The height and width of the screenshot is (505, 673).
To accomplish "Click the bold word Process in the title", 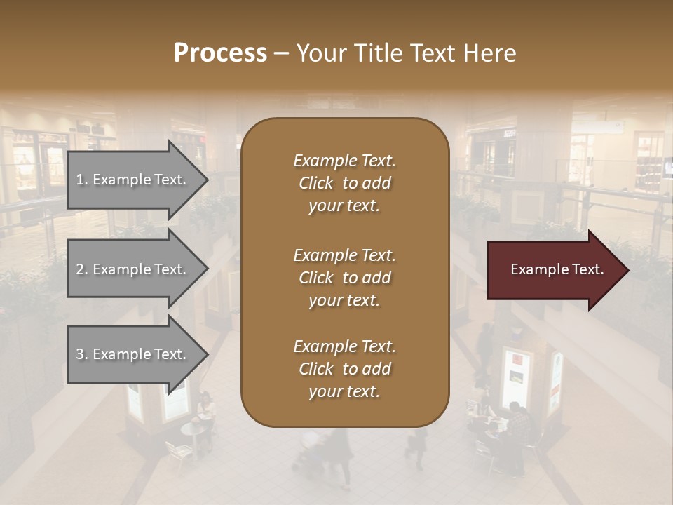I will click(x=220, y=53).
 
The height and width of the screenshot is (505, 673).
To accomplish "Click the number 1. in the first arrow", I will click(x=82, y=180).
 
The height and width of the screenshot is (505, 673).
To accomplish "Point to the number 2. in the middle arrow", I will click(x=82, y=269).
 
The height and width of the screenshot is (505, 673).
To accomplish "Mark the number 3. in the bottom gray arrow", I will click(x=82, y=354).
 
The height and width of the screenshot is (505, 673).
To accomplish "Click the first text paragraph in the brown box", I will click(x=344, y=183).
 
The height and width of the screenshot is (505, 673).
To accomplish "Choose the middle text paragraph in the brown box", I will click(x=344, y=278).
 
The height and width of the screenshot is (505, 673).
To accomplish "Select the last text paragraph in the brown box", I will click(x=344, y=369).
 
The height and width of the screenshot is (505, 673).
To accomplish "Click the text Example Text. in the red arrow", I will click(x=557, y=269).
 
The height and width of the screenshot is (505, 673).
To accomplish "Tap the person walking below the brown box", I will click(x=340, y=456).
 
